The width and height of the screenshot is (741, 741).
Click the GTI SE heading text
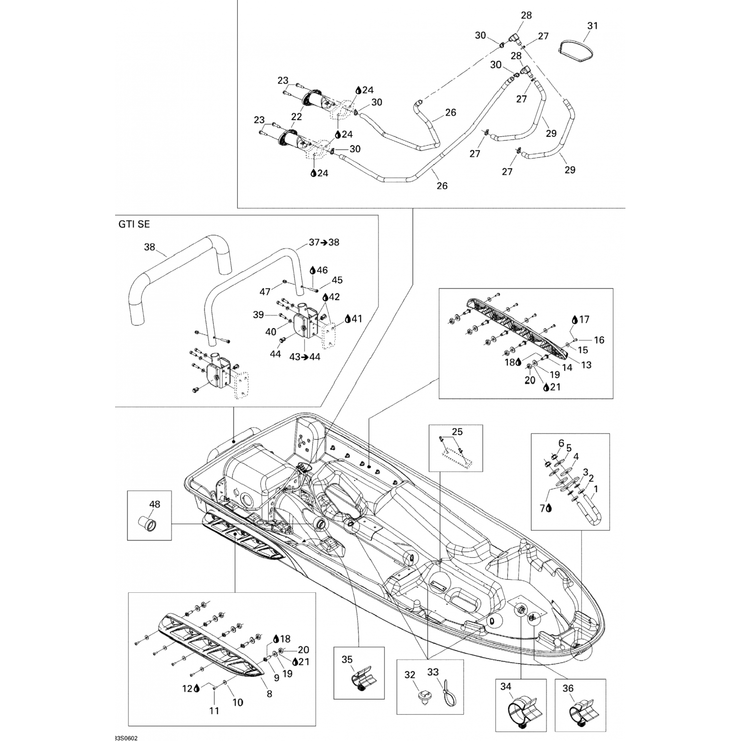[133, 224]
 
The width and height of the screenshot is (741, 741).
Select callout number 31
[592, 25]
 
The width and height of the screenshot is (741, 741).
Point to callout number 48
[155, 504]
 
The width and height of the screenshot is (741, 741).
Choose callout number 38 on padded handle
[149, 247]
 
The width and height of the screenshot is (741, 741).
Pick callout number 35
[347, 659]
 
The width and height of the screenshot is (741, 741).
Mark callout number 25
[457, 432]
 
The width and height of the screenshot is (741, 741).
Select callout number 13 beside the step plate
[586, 365]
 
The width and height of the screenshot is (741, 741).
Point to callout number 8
[269, 694]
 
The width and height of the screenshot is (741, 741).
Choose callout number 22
[296, 117]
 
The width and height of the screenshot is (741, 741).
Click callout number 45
[337, 280]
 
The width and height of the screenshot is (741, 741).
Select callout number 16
[599, 340]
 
